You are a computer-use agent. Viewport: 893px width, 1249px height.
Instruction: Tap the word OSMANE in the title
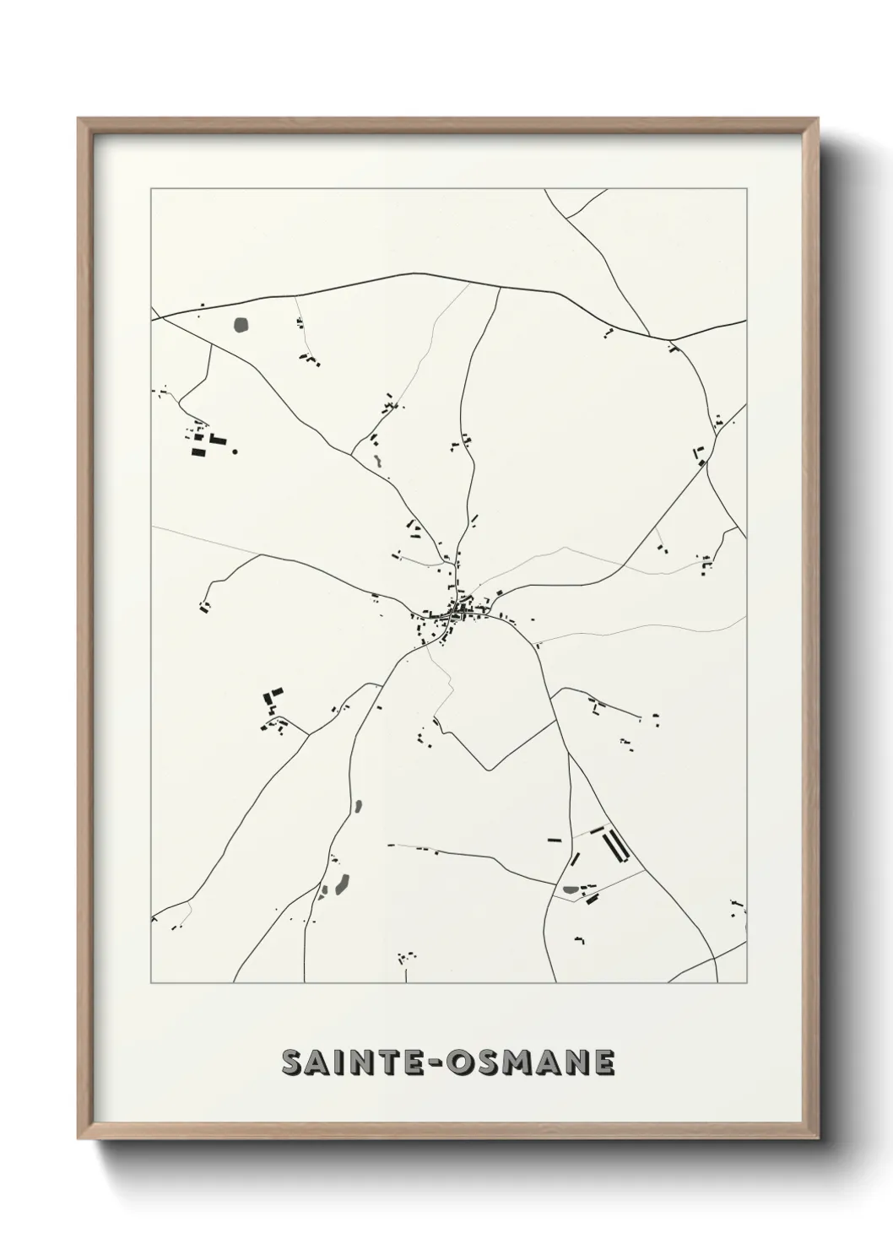click(533, 1063)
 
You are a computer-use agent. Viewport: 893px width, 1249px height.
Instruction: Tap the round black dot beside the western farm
click(235, 451)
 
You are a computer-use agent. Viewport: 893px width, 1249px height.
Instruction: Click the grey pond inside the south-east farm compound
click(571, 889)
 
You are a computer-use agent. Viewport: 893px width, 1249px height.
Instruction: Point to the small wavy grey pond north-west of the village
click(377, 462)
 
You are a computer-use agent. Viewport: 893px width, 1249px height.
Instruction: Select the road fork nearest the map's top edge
click(566, 218)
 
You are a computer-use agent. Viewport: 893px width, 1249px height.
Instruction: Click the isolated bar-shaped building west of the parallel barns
click(555, 840)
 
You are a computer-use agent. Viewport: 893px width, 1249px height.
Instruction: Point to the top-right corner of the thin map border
click(746, 189)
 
